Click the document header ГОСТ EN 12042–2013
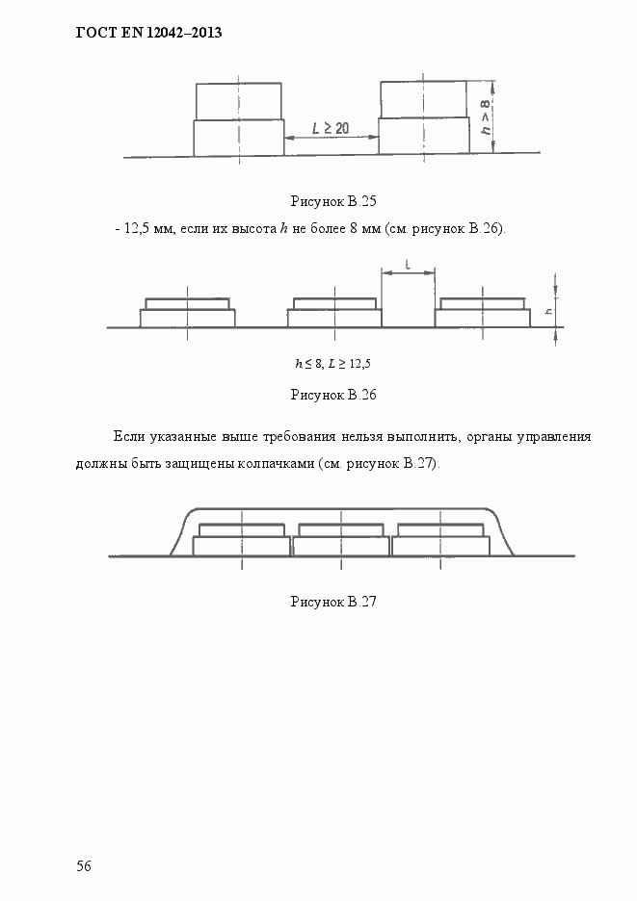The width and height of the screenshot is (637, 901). [x=148, y=33]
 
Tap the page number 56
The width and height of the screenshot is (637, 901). [x=84, y=865]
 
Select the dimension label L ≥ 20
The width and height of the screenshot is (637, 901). [x=331, y=127]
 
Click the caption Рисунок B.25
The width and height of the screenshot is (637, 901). [x=332, y=201]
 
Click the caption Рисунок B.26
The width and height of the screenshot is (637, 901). [x=332, y=395]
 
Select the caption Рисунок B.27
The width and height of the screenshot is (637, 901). [x=332, y=602]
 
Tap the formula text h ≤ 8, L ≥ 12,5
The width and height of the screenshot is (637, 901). [x=332, y=363]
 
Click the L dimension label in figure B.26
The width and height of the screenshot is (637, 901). [x=409, y=263]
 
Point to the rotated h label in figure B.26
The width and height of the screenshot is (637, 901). [x=547, y=311]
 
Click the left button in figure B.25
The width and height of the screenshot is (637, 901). [x=238, y=119]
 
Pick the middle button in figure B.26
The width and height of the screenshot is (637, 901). [x=334, y=313]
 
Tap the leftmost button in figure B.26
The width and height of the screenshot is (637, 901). [x=188, y=313]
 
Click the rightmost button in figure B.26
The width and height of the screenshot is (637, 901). [x=483, y=313]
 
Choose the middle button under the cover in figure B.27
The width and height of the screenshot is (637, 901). [x=341, y=539]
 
